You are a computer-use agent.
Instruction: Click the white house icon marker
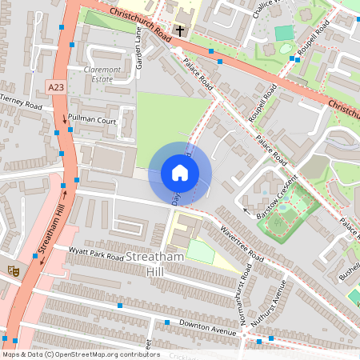[180, 173]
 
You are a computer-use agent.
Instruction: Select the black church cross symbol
[180, 31]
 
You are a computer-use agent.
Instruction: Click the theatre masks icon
[14, 271]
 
